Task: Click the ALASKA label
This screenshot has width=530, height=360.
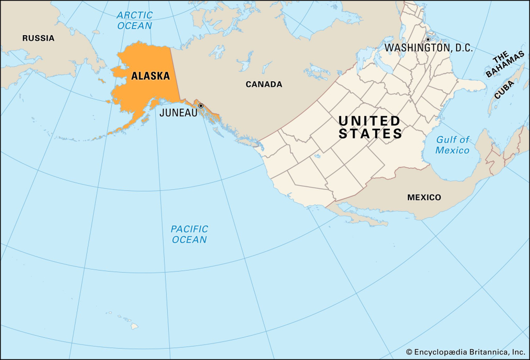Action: [x=150, y=76]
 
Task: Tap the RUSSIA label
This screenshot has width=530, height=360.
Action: [x=38, y=38]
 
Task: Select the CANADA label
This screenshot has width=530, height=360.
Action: [x=263, y=84]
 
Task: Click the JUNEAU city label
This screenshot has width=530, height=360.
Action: [x=179, y=112]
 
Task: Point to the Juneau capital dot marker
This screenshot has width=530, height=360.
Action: [x=201, y=106]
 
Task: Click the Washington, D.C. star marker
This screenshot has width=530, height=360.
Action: [x=428, y=40]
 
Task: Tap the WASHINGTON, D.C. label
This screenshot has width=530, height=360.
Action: [x=429, y=48]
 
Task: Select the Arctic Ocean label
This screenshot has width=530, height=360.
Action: [x=134, y=20]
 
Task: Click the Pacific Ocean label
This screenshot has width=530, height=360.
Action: [x=189, y=234]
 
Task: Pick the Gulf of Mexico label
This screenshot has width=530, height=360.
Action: [x=452, y=145]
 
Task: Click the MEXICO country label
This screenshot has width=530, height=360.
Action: [x=424, y=198]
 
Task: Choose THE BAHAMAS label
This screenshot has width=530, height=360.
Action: [x=504, y=65]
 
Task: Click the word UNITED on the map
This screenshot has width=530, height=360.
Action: [x=369, y=121]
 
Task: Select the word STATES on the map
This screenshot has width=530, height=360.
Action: [x=370, y=134]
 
